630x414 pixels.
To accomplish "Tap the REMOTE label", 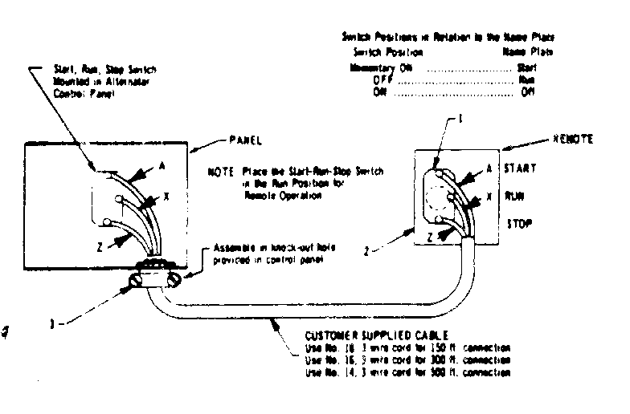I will tap(573, 139).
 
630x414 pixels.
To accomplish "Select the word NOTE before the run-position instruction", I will tap(219, 172).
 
